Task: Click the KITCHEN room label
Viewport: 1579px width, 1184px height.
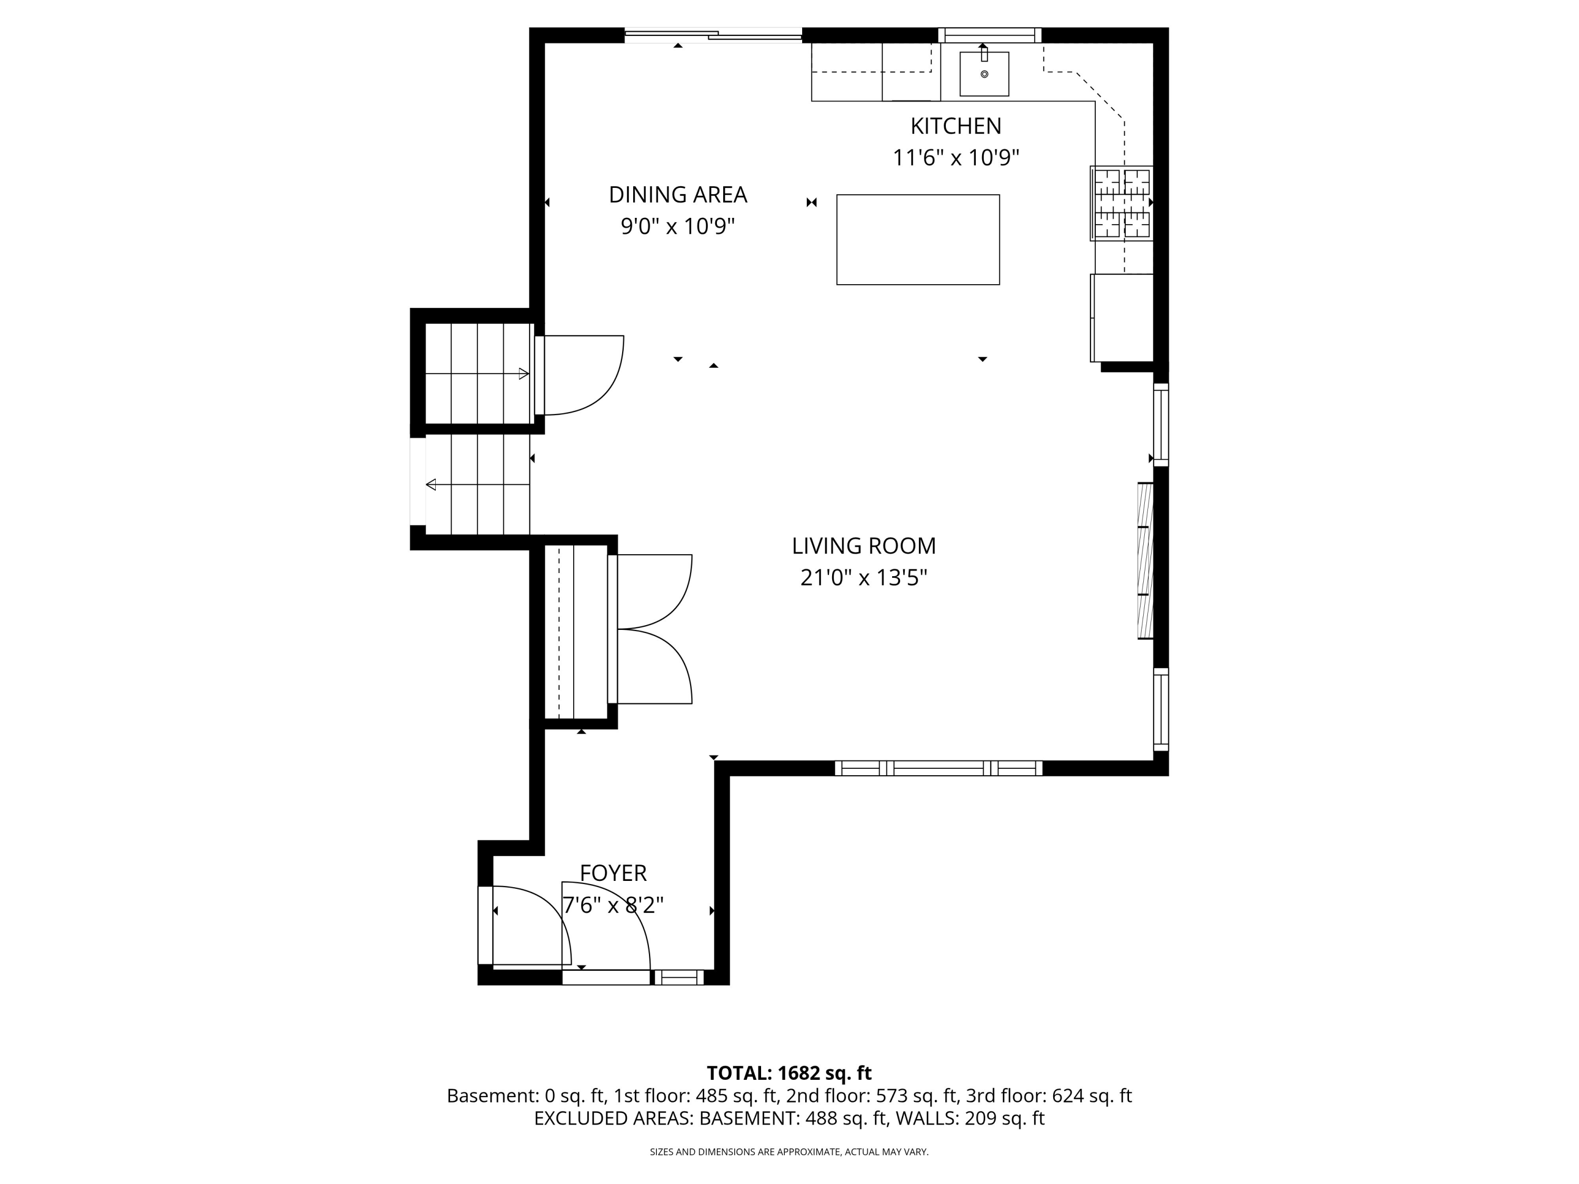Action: coord(956,126)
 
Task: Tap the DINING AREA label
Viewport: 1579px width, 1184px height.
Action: coord(677,194)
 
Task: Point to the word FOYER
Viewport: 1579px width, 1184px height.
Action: coord(613,873)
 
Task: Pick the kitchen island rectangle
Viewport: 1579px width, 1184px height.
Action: coord(918,240)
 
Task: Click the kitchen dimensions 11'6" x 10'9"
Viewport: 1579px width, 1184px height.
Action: coord(956,158)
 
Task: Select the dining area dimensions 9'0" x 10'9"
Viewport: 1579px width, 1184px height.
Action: coord(677,226)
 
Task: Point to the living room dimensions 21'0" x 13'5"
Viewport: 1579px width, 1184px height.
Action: coord(864,577)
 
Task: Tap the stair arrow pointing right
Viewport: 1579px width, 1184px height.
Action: coord(477,373)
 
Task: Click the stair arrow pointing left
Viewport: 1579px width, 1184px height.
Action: coord(477,485)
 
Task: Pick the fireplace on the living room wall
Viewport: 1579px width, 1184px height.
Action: coord(1145,561)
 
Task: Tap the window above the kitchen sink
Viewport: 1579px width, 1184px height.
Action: coord(990,35)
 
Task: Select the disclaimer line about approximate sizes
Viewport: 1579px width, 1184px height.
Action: coord(789,1151)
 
